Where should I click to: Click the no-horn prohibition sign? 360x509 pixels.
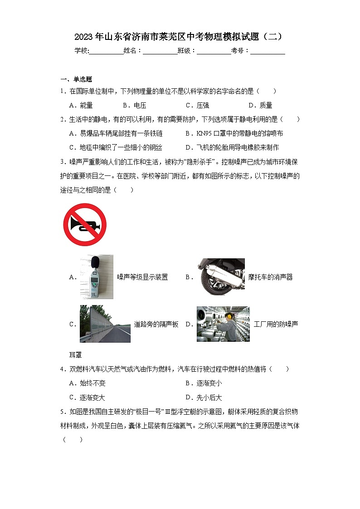click(x=85, y=224)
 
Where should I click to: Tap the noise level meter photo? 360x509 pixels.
click(x=96, y=277)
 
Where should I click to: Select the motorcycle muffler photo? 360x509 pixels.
click(x=220, y=277)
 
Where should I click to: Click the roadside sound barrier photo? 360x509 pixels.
click(x=105, y=324)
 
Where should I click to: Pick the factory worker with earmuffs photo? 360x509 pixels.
click(x=223, y=324)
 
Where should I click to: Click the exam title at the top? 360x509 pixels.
click(x=180, y=36)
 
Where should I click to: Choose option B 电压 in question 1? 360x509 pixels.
click(x=134, y=105)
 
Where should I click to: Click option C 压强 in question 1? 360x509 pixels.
click(x=197, y=105)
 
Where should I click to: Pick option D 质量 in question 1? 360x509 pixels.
click(x=260, y=105)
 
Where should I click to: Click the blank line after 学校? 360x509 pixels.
click(x=106, y=51)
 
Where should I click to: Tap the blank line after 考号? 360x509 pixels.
click(x=268, y=51)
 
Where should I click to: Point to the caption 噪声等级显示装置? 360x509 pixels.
click(x=142, y=277)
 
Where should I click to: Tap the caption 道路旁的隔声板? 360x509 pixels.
click(x=156, y=324)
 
